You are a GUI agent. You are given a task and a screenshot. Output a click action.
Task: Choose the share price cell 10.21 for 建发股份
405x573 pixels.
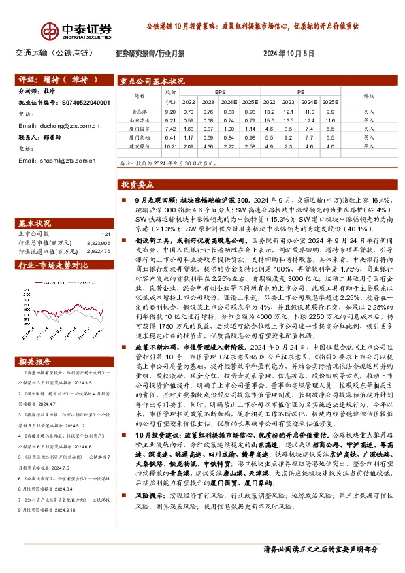coord(170,146)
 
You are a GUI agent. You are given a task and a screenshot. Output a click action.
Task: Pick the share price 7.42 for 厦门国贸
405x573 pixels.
coord(170,129)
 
